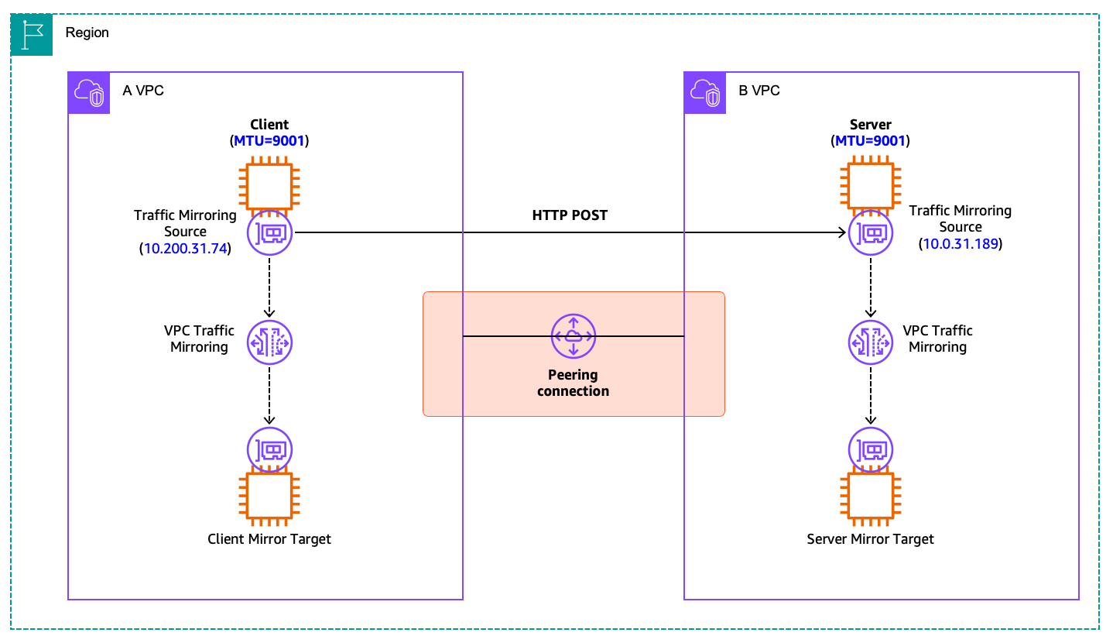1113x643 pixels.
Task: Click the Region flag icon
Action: pos(31,35)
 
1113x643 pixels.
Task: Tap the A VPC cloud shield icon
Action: pos(89,93)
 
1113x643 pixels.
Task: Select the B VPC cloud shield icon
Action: pos(705,93)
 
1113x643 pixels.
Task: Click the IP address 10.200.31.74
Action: pos(185,248)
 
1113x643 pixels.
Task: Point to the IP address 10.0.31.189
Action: pos(961,244)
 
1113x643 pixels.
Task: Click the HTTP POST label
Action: pos(570,215)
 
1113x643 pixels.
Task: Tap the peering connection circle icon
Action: pos(574,336)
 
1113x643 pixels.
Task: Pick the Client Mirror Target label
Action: pos(269,539)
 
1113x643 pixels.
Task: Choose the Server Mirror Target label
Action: pos(871,539)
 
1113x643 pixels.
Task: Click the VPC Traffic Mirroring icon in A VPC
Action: pos(269,342)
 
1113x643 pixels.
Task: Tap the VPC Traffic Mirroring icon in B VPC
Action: pos(871,342)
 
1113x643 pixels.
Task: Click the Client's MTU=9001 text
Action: pos(269,141)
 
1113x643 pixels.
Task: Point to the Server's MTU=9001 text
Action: pos(870,141)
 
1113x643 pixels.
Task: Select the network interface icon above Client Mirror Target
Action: pos(269,449)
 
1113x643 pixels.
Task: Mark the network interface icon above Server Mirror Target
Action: pos(871,449)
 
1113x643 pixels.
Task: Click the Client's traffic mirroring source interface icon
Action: pos(270,232)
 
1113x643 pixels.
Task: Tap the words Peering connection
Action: pos(573,383)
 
